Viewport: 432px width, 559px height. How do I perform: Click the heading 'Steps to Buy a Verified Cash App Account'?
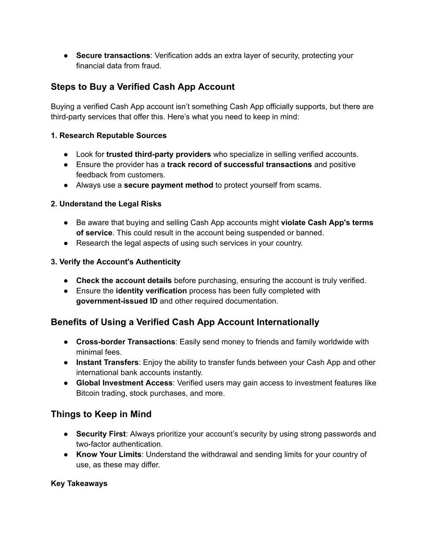143,87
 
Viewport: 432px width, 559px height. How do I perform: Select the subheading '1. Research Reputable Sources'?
108,135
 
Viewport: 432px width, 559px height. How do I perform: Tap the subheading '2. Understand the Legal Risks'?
106,204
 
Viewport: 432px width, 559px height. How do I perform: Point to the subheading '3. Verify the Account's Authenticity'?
116,262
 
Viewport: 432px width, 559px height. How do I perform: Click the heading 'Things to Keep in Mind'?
101,414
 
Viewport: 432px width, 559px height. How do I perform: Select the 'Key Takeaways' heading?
79,483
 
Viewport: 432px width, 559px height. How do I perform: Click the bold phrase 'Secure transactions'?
113,55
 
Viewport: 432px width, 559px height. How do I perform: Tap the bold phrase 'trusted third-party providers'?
159,154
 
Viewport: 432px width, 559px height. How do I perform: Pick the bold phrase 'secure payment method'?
168,185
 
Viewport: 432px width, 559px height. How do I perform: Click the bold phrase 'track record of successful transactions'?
239,164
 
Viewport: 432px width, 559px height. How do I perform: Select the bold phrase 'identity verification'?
151,291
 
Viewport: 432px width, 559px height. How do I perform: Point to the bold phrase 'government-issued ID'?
117,301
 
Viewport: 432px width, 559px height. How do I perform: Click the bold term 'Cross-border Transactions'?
125,342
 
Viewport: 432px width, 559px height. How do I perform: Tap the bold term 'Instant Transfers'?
107,362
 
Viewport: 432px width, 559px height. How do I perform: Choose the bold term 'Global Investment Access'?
124,383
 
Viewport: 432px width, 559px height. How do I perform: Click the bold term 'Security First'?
101,434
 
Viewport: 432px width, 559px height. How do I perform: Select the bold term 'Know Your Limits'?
109,454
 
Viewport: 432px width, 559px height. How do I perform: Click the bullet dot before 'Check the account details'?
67,281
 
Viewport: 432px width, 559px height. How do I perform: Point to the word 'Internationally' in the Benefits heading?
288,322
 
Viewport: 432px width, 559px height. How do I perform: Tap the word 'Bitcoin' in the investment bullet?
88,393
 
